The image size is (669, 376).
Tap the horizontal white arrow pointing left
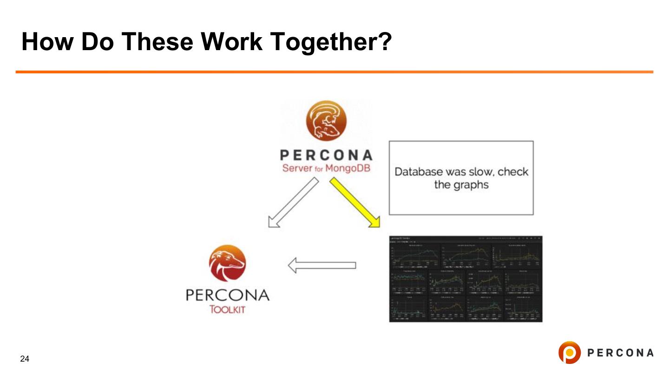322,266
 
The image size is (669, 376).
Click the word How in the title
48,42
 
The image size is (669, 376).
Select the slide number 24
25,359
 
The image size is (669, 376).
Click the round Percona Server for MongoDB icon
326,121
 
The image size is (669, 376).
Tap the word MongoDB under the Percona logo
348,168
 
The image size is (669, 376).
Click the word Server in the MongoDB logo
296,168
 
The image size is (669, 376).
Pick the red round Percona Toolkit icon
227,263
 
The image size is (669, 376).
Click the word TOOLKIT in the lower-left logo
227,310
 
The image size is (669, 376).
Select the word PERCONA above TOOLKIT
227,295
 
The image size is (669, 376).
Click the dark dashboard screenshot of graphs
466,279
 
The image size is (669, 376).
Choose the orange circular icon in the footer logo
569,353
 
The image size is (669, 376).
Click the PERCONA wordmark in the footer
620,353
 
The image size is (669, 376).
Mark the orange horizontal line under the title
334,72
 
